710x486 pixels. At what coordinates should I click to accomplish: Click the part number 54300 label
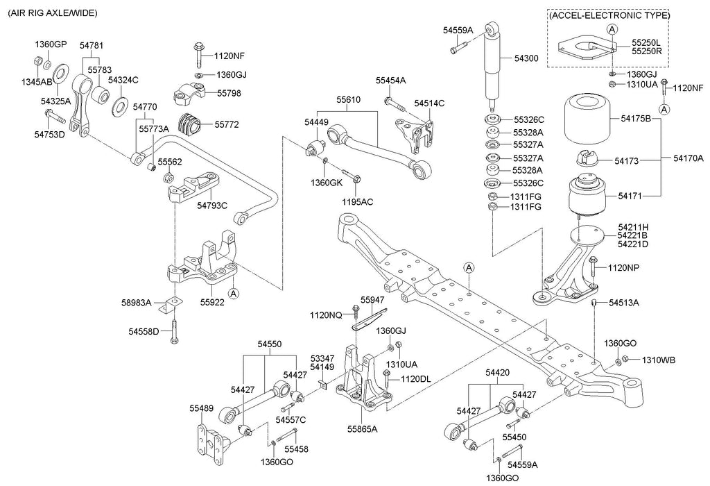coord(526,60)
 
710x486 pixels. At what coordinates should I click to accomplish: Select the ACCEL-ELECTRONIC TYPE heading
coord(609,15)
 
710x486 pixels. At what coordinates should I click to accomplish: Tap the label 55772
coord(227,126)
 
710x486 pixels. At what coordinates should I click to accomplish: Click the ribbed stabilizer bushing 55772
coord(190,125)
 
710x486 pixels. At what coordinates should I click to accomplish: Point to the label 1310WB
coord(658,360)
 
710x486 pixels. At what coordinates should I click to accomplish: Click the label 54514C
coord(429,103)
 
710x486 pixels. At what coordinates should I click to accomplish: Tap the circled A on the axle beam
coord(469,267)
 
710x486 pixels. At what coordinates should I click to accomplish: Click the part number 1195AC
coord(357,201)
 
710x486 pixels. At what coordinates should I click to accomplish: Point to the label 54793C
coord(212,205)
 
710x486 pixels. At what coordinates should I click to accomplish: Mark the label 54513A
coord(624,303)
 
